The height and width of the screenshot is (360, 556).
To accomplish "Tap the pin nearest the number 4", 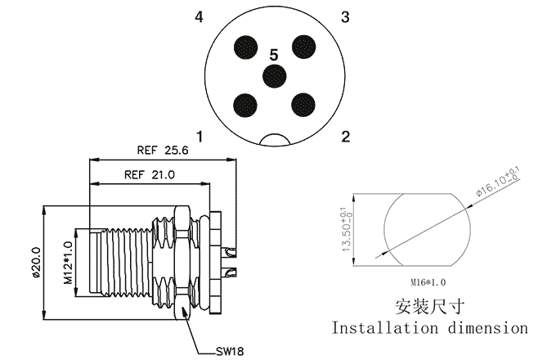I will (x=245, y=47).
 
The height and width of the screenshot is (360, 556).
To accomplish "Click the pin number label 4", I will (x=200, y=17).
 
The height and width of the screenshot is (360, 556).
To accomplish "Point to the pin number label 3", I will (x=345, y=17).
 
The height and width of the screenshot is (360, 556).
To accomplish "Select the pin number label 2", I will (x=345, y=136).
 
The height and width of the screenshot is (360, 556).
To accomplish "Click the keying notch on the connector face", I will (x=275, y=140).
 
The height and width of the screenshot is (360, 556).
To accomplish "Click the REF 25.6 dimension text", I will (x=163, y=151).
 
